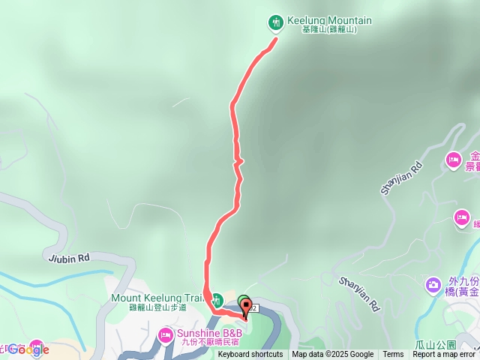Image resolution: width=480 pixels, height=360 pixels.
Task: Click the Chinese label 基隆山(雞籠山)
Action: tap(328, 30)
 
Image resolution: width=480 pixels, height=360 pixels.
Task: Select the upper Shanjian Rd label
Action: tap(402, 178)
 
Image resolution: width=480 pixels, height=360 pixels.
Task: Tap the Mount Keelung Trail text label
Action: tap(157, 298)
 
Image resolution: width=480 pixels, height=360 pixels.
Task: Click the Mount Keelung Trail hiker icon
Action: tap(215, 298)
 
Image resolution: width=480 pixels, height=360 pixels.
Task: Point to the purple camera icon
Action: tap(433, 285)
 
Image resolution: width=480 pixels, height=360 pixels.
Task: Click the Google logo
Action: tap(28, 349)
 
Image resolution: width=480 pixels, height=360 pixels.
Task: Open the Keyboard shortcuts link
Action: tap(250, 355)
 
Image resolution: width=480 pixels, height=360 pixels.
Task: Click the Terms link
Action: tap(393, 355)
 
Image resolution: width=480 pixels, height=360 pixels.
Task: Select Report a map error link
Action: tap(444, 355)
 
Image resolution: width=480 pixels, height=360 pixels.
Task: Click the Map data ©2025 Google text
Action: tap(332, 355)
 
